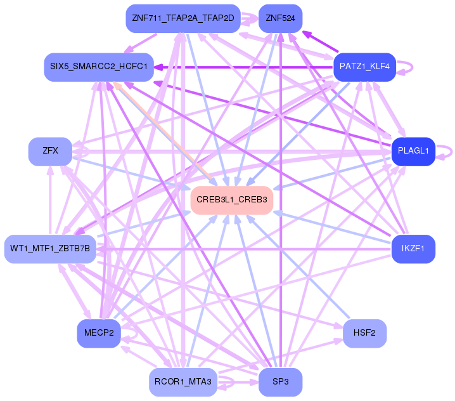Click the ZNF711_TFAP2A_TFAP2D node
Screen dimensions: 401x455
[183, 18]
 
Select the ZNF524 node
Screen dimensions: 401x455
[281, 18]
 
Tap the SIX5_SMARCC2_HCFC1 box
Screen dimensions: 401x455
[99, 67]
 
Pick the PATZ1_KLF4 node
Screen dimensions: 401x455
[364, 66]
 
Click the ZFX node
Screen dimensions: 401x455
[50, 151]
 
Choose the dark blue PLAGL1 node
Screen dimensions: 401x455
[413, 151]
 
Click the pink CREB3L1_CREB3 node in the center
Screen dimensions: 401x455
[231, 200]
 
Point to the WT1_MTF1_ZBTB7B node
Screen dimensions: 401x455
[50, 248]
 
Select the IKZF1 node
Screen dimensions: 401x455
[413, 248]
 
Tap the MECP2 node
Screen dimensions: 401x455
[99, 333]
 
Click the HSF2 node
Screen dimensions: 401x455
[364, 333]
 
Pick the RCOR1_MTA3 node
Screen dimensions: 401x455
[183, 382]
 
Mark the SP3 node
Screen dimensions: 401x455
[281, 382]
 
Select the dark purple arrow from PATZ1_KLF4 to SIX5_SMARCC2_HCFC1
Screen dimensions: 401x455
[247, 67]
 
